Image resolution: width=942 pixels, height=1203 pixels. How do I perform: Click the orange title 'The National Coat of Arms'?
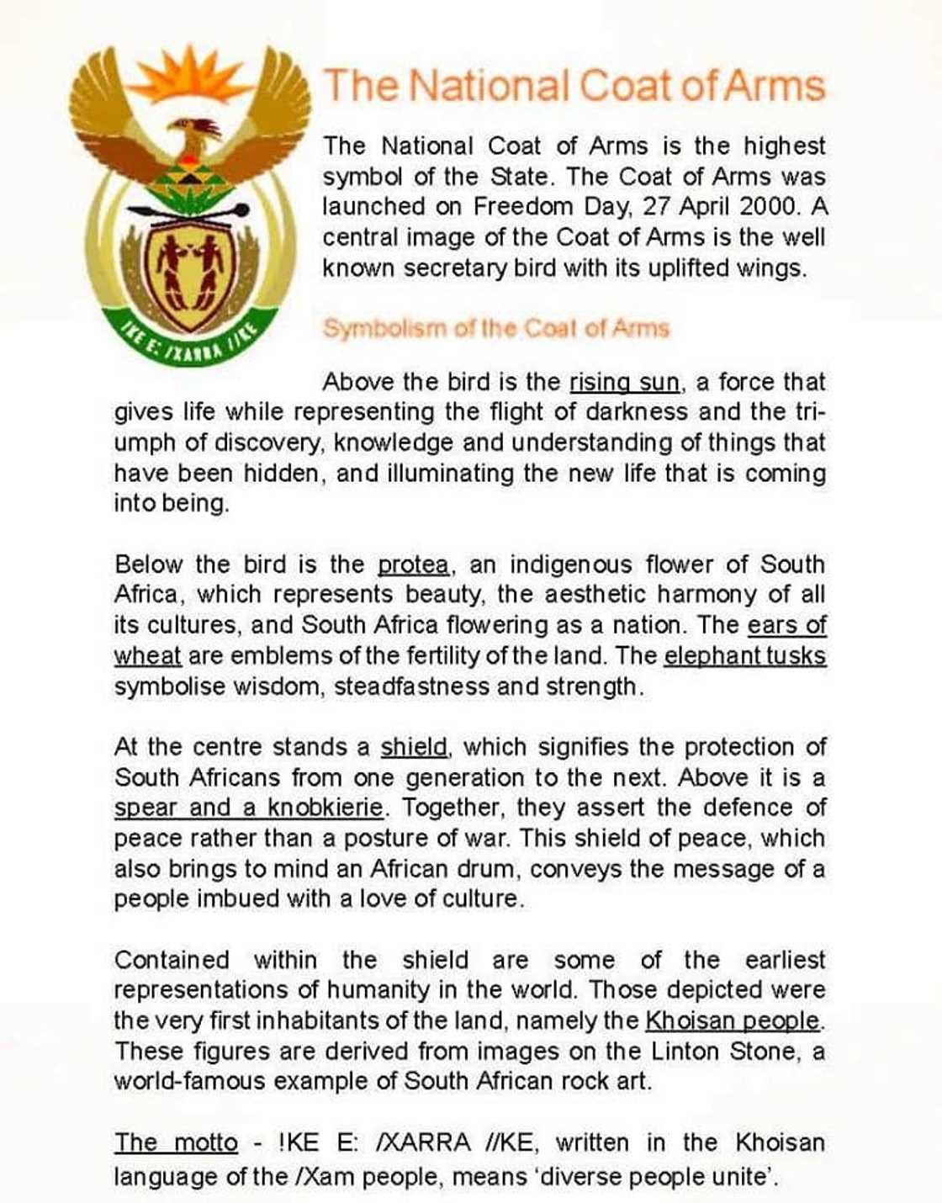(574, 86)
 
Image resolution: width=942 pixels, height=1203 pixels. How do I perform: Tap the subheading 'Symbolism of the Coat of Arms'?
(495, 328)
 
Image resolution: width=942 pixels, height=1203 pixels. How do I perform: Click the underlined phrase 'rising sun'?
(624, 383)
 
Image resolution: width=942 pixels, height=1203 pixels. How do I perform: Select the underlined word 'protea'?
(412, 564)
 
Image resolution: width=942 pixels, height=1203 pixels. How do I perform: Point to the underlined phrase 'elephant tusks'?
(745, 656)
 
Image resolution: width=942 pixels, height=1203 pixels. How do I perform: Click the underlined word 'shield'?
(414, 747)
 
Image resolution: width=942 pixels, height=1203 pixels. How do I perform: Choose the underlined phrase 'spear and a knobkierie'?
(249, 808)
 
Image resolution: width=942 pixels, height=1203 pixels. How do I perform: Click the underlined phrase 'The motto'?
(176, 1143)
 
